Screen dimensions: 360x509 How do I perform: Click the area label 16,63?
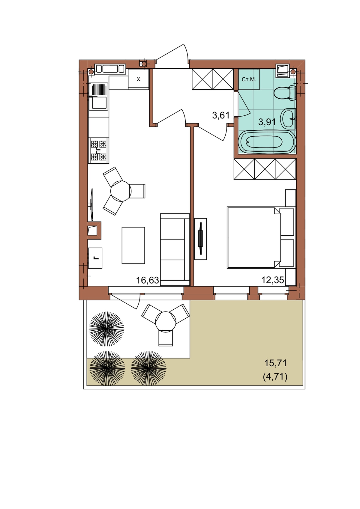click(x=147, y=280)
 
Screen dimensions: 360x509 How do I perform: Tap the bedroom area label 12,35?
click(x=272, y=280)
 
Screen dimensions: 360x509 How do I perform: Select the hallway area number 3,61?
click(x=221, y=115)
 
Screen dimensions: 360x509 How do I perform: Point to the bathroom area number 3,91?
click(x=267, y=122)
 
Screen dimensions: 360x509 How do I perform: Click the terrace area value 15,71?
click(x=275, y=363)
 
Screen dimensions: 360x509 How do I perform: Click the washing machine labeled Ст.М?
click(x=249, y=79)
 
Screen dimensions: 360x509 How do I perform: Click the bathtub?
click(x=267, y=141)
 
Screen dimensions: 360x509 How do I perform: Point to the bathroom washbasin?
click(x=288, y=118)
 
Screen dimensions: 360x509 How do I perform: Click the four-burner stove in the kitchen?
click(x=98, y=150)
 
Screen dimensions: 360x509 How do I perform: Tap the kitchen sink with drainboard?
click(x=98, y=97)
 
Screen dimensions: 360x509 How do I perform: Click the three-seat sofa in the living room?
click(x=175, y=249)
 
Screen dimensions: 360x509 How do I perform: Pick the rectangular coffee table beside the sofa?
click(x=133, y=246)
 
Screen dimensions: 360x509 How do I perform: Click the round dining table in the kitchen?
click(x=121, y=191)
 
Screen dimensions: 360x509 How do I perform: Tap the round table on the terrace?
click(x=166, y=322)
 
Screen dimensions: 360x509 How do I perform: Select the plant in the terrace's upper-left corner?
click(x=106, y=329)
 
